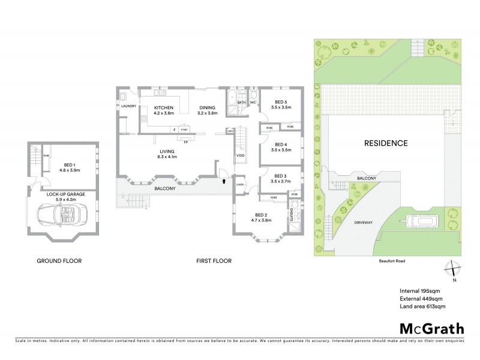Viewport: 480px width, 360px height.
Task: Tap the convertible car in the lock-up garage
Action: pos(60,214)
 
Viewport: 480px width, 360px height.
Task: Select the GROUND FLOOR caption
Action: pos(59,261)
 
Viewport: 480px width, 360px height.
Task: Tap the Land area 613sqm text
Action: pos(423,308)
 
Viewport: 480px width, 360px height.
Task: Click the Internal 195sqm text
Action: pos(420,292)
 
